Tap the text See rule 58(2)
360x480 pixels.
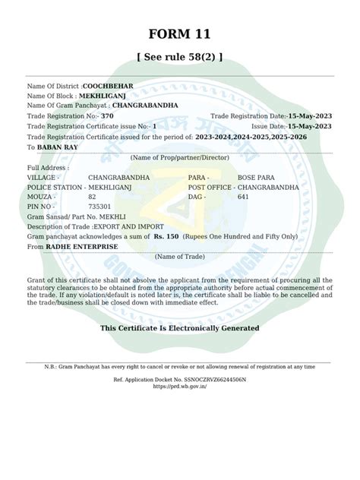pos(179,57)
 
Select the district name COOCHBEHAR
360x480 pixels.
pos(108,87)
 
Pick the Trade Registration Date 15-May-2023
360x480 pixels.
pos(309,116)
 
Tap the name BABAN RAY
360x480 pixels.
pos(58,147)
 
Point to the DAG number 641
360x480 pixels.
pos(243,196)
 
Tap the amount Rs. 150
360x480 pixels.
pos(166,237)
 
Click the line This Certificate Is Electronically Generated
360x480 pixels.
pos(179,328)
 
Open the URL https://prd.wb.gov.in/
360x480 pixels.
pos(180,386)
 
